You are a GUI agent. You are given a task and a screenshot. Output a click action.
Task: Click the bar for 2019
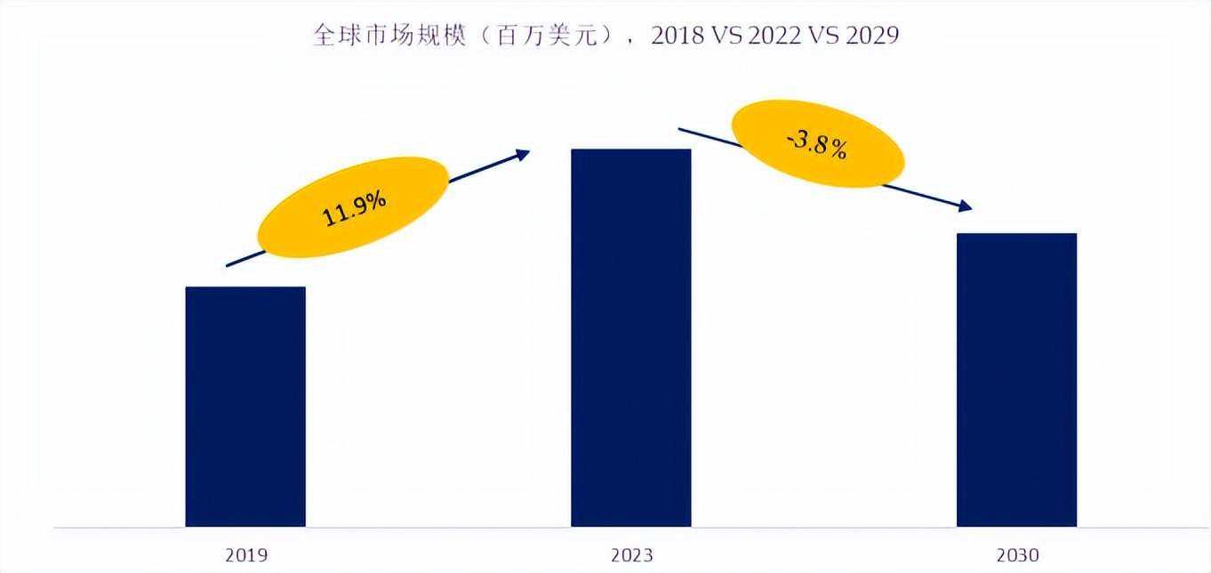[x=245, y=407]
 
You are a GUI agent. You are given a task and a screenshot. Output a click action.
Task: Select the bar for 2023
[x=630, y=338]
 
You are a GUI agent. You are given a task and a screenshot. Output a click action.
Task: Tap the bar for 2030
[x=1016, y=380]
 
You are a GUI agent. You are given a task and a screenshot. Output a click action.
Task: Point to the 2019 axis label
[x=245, y=555]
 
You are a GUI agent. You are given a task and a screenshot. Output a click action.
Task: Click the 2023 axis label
[x=631, y=555]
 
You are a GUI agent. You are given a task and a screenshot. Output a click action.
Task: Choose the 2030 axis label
[x=1017, y=555]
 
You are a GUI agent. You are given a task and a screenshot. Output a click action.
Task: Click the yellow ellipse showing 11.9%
[x=354, y=208]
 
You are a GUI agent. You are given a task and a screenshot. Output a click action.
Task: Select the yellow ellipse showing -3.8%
[x=817, y=144]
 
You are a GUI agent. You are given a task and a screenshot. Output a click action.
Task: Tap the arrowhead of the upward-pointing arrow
[x=524, y=153]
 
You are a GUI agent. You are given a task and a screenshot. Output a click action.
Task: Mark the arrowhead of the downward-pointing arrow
[x=966, y=208]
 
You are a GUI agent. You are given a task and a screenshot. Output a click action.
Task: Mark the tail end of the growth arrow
[x=229, y=265]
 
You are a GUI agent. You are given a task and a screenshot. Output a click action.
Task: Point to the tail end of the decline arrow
[x=680, y=129]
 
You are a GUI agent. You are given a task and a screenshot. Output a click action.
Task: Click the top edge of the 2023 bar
[x=630, y=149]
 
